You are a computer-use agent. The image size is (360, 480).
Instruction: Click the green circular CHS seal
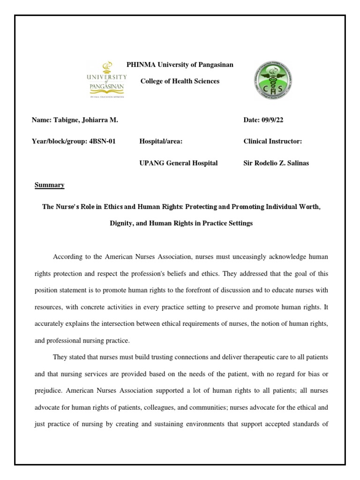point(272,80)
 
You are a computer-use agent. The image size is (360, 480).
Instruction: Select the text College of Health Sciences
point(180,81)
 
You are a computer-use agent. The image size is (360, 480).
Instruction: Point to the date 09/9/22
point(273,120)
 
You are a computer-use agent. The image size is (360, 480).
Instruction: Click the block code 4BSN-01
point(102,141)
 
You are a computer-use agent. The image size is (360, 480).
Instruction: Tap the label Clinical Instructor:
point(272,141)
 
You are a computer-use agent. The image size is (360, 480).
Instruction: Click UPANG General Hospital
point(179,163)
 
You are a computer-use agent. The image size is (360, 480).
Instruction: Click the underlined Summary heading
point(50,185)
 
